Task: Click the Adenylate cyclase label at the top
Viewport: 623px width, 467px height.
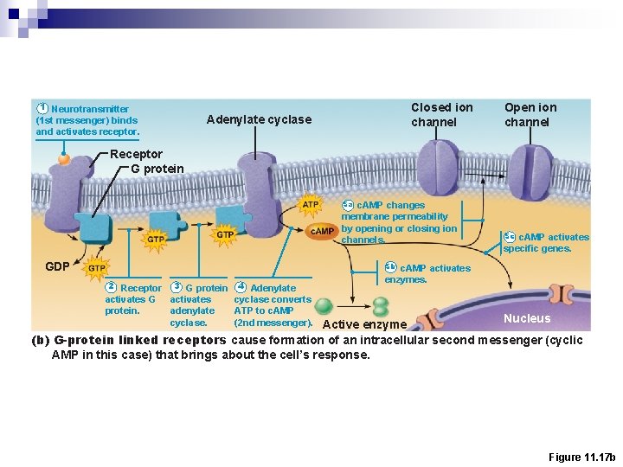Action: click(259, 119)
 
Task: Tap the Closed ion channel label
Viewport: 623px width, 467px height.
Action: click(441, 115)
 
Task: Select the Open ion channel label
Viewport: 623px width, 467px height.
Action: click(530, 115)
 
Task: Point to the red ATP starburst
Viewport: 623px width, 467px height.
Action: click(311, 205)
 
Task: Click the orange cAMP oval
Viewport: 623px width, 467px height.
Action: click(323, 231)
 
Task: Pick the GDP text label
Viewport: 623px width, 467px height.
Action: click(57, 265)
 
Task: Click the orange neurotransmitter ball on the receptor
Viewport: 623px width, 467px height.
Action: click(64, 159)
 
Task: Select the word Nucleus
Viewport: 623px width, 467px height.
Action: click(527, 318)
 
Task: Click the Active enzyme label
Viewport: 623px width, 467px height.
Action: click(364, 324)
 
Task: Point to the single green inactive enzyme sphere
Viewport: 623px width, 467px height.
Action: click(324, 305)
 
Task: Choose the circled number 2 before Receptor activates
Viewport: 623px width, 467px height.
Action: click(111, 287)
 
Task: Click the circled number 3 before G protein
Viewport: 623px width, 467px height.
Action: click(176, 287)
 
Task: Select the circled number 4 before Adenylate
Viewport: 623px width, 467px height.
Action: click(241, 287)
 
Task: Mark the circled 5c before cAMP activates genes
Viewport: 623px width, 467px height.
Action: click(509, 237)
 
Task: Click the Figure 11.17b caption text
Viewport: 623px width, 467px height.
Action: click(581, 456)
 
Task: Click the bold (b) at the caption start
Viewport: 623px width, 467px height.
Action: click(40, 340)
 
